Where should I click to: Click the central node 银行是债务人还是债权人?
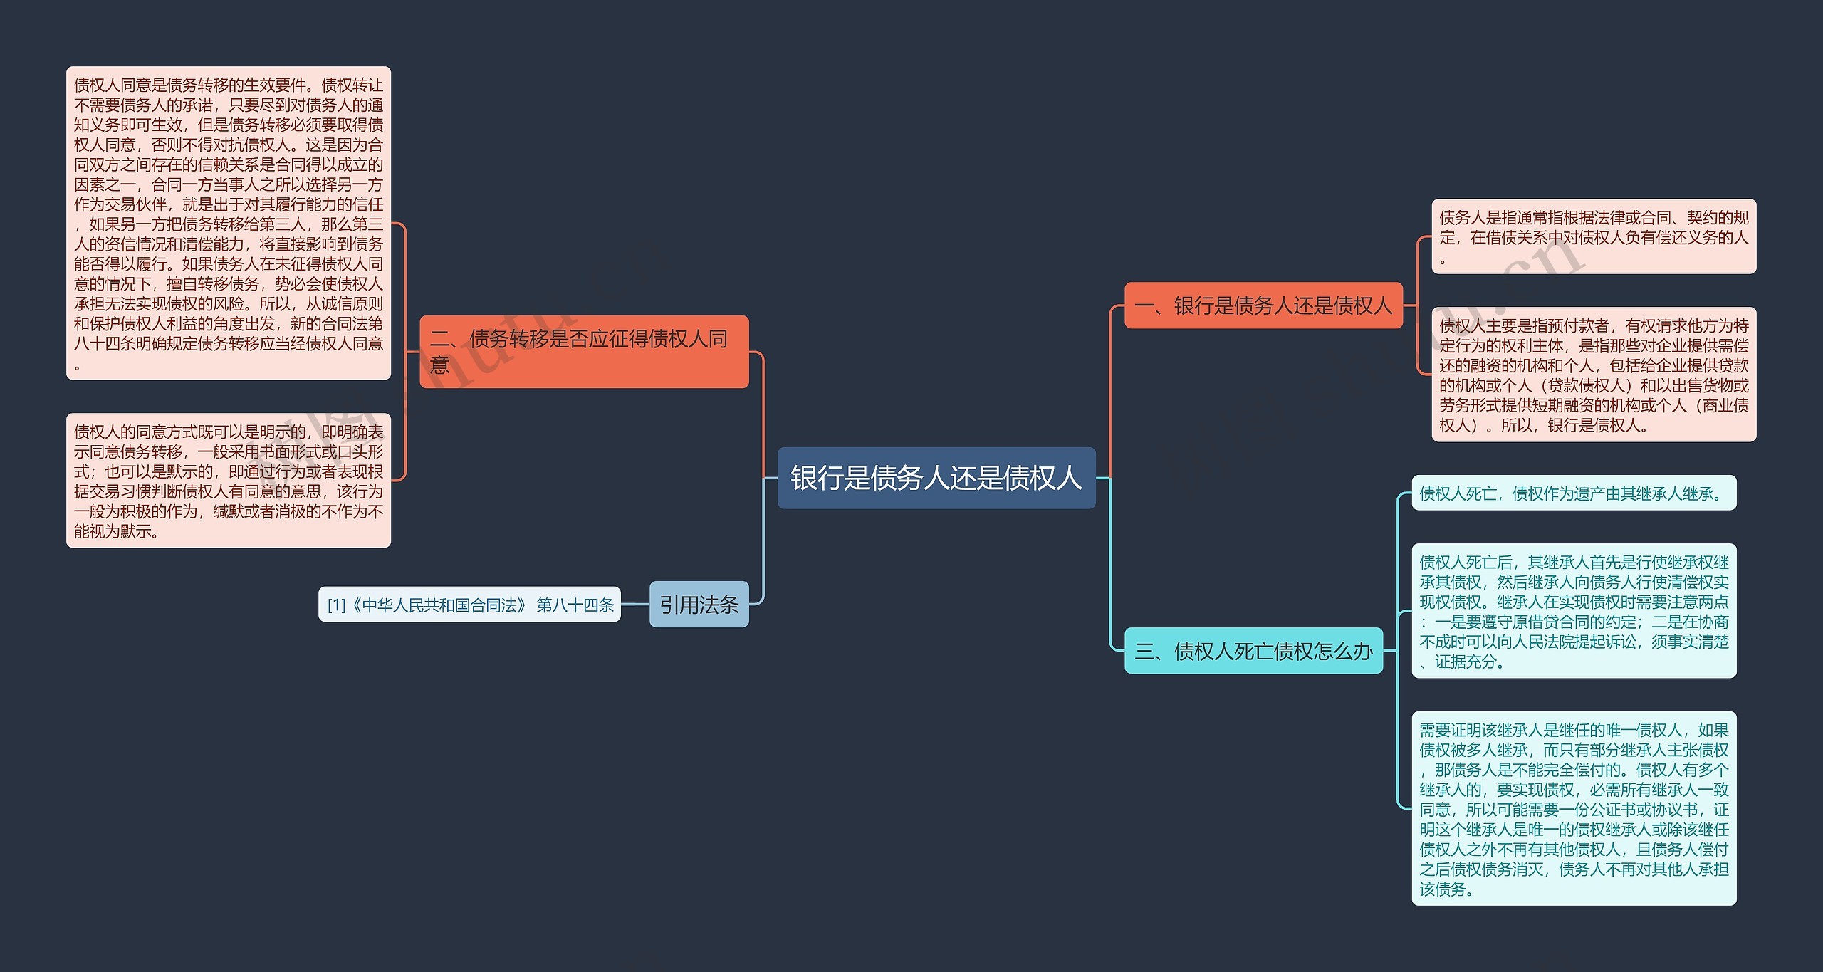click(x=936, y=478)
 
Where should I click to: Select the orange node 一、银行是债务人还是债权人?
click(x=1263, y=305)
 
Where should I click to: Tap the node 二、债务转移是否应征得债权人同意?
click(x=584, y=351)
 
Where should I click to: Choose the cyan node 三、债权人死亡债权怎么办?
click(x=1253, y=651)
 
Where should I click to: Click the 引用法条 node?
click(x=699, y=605)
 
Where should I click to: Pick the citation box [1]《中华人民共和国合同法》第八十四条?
click(x=469, y=605)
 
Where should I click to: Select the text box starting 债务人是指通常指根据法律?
click(x=1593, y=236)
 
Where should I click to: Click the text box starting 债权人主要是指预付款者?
click(x=1593, y=375)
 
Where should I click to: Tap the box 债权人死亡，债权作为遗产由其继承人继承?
click(x=1573, y=493)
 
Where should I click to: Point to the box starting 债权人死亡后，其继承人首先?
click(x=1573, y=611)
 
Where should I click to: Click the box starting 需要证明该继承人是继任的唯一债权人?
click(x=1573, y=808)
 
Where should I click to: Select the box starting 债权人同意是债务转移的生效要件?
click(x=228, y=223)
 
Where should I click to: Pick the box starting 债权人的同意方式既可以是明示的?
click(x=228, y=481)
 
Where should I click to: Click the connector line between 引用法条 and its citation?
click(x=634, y=605)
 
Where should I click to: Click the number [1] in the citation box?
click(x=336, y=605)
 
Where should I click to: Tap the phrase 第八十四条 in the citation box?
click(x=575, y=605)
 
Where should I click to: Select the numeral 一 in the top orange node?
click(x=1145, y=306)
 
